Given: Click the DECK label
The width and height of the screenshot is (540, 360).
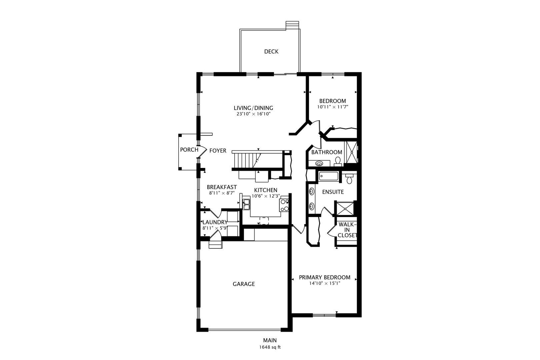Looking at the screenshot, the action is (271, 51).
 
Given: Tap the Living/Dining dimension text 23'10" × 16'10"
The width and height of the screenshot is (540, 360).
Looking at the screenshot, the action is (253, 114).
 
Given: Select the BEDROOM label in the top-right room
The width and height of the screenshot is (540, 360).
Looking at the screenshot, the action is (332, 101).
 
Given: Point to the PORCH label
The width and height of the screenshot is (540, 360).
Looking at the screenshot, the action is (189, 150).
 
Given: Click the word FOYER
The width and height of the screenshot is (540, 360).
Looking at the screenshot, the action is (218, 151).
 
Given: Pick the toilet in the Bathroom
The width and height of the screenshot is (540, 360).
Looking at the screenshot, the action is (338, 161).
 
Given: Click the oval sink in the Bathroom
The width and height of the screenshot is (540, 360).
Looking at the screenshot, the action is (319, 163).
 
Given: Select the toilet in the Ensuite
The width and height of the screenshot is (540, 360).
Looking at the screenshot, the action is (349, 179).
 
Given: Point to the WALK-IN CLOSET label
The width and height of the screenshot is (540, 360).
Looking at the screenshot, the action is (347, 230).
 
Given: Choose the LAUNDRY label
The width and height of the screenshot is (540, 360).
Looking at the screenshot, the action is (215, 222).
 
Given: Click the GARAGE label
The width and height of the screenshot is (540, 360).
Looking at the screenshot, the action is (244, 284).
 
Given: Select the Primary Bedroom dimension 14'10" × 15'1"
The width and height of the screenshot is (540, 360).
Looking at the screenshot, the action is (324, 283).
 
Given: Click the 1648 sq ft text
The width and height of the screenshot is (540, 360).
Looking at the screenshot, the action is (270, 347).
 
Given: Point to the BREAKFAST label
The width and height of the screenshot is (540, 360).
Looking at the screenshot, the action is (222, 187).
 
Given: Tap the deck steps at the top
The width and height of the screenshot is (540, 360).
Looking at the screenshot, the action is (292, 25).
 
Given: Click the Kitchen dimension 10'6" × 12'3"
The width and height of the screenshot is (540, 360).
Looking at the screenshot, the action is (266, 196).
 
